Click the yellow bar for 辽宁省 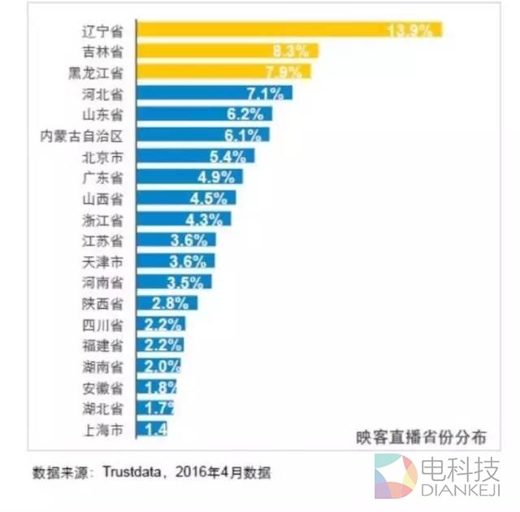coord(288,30)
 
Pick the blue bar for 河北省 coord(214,93)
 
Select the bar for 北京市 coord(195,155)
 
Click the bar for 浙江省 coord(184,219)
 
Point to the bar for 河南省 coord(174,282)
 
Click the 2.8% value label coord(171,303)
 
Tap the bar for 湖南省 coord(158,366)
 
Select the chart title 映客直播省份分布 coord(420,436)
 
